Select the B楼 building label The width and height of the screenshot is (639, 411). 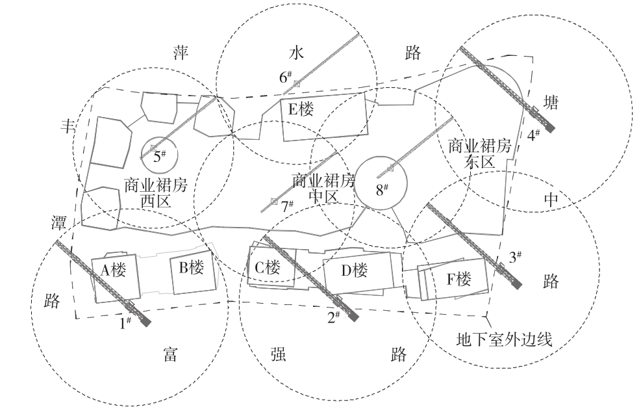pyautogui.click(x=189, y=267)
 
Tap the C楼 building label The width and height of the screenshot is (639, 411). pyautogui.click(x=267, y=267)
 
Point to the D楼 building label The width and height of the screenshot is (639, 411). pyautogui.click(x=355, y=269)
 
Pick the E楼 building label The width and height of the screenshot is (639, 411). pyautogui.click(x=301, y=109)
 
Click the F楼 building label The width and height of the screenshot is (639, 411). pyautogui.click(x=458, y=280)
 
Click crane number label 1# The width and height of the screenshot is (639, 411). pyautogui.click(x=124, y=321)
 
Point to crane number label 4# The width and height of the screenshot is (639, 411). pyautogui.click(x=534, y=135)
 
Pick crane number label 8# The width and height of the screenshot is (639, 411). pyautogui.click(x=382, y=190)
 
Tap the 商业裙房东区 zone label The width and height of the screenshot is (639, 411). pyautogui.click(x=480, y=153)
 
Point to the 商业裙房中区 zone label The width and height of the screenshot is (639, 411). pyautogui.click(x=324, y=188)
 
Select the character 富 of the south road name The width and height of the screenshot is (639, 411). pyautogui.click(x=170, y=354)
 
